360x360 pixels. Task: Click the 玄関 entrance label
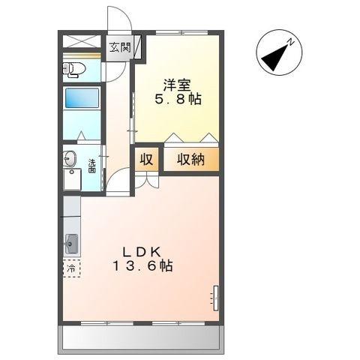[119, 47]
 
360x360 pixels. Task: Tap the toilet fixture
[76, 70]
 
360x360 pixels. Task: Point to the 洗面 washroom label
[91, 166]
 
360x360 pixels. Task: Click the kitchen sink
[72, 244]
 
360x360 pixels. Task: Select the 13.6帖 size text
[142, 266]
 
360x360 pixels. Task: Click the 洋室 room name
[176, 83]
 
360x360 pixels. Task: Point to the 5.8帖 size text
[177, 99]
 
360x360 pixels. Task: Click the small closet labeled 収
[147, 159]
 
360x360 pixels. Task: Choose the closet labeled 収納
[191, 159]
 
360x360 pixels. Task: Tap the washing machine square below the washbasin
[71, 180]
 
